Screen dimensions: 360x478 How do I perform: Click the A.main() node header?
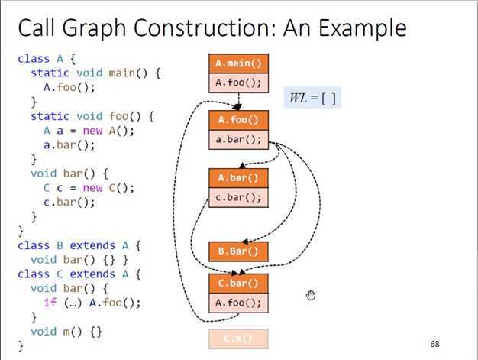coord(238,63)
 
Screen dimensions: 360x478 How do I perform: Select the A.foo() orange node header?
coord(238,120)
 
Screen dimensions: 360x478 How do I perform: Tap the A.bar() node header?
coord(238,177)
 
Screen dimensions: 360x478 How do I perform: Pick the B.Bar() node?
coord(238,251)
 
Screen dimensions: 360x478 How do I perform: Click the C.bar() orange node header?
coord(238,284)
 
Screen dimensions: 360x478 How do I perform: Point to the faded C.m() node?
coord(238,338)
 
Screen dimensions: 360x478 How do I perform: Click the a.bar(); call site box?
coord(238,140)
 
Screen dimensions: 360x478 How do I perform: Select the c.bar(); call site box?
coord(238,197)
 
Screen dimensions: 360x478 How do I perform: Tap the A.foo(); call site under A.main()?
coord(238,83)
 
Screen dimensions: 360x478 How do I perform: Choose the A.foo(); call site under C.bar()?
coord(238,303)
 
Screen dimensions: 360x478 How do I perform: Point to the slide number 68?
coord(435,344)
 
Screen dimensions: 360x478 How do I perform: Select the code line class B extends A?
coord(79,245)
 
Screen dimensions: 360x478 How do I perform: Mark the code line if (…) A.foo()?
coord(92,303)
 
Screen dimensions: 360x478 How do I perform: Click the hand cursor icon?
coord(311,296)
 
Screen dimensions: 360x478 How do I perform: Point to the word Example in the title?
coord(364,29)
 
